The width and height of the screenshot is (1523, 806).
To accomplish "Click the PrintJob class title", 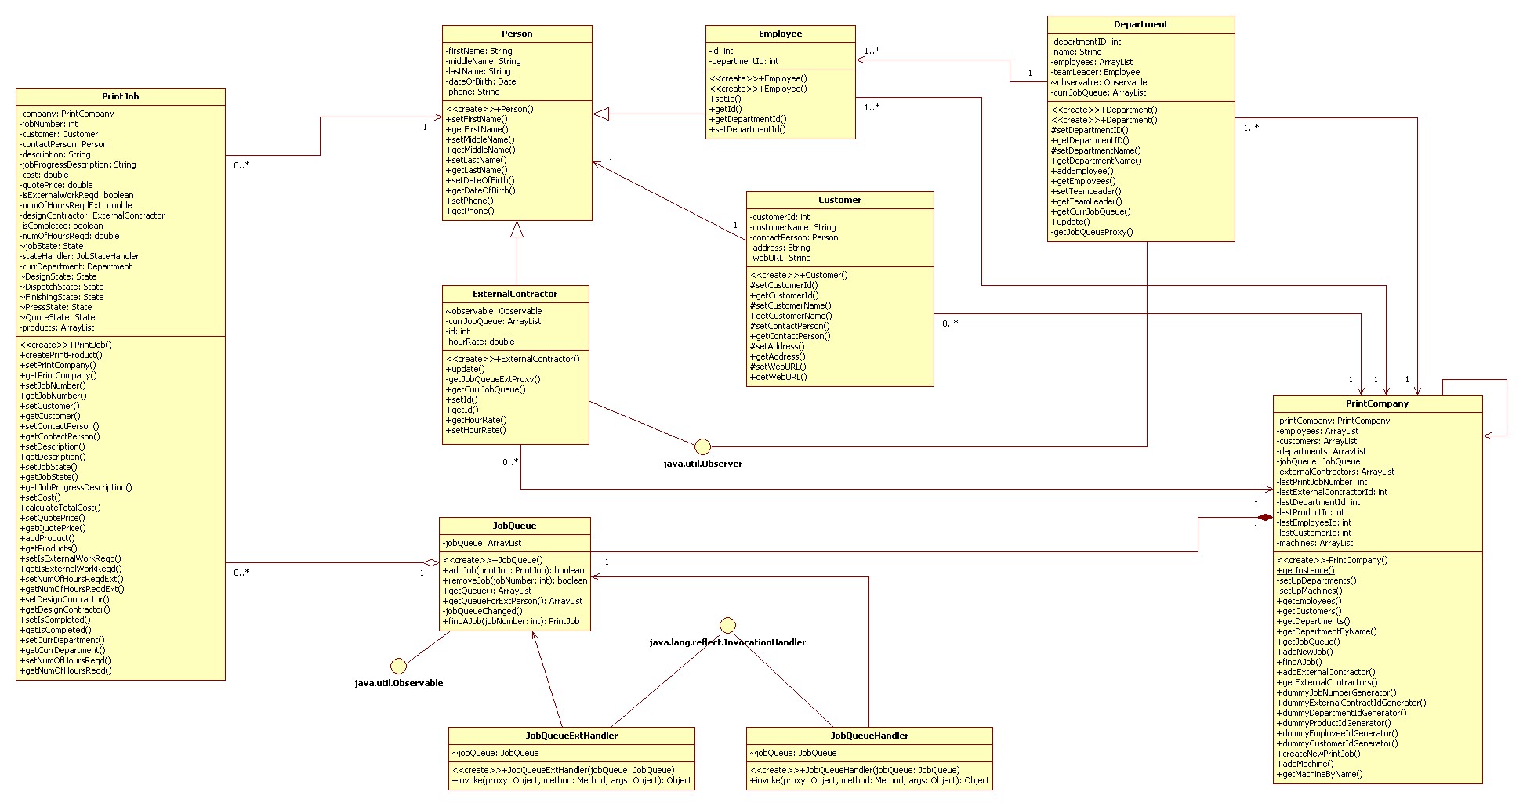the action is pos(121,96).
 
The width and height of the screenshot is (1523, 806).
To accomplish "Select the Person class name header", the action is pos(517,34).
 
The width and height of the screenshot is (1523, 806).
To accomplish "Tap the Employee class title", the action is pos(780,34).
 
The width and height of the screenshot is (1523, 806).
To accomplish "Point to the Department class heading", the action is pos(1140,24).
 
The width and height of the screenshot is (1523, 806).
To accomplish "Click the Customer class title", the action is pos(839,200).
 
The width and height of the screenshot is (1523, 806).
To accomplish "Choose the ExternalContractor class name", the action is pos(515,294).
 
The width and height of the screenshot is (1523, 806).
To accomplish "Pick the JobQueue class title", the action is pos(514,526).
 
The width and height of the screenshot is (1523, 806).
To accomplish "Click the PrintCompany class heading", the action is pos(1377,403).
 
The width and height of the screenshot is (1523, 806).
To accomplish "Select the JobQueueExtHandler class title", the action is pos(571,736).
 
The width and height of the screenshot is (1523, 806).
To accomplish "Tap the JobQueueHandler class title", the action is pos(869,736).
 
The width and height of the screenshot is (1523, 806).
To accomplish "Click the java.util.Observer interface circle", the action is pos(703,446).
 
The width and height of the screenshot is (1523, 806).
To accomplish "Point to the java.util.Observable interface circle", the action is pos(399,666).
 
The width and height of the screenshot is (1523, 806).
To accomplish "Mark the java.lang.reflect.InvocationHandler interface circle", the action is pos(728,625).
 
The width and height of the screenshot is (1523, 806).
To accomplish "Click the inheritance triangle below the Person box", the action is pos(517,229).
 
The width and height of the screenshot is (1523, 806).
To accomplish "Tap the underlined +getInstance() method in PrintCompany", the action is pos(1305,570).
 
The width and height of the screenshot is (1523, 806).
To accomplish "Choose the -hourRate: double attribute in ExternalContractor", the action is pos(480,342).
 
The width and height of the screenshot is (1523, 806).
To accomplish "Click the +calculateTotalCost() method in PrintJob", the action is pos(60,508).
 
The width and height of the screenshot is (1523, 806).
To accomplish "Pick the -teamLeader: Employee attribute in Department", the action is pos(1095,72).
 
